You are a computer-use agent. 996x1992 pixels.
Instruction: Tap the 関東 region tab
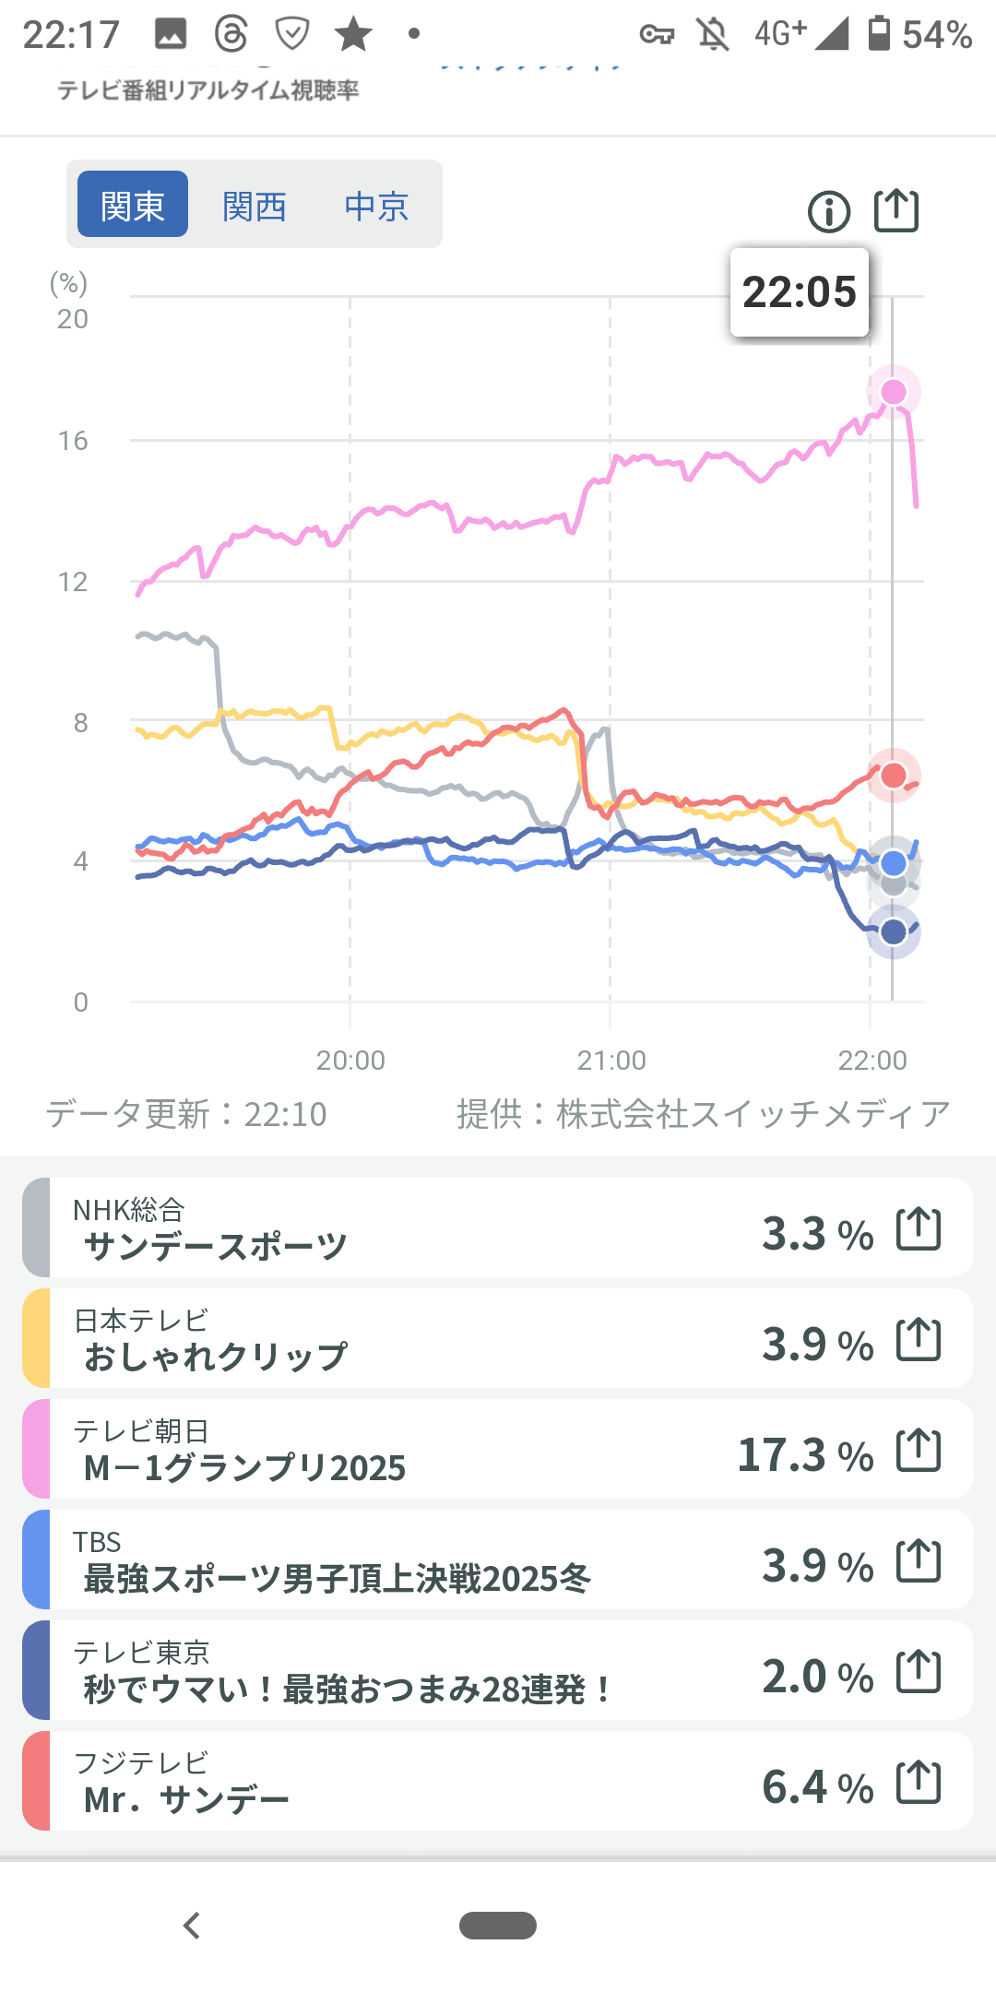133,205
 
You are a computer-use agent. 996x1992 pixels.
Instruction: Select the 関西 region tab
255,206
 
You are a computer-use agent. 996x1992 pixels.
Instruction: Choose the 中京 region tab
376,206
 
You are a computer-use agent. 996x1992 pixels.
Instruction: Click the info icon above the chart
829,212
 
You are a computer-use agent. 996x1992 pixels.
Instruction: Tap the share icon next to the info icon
896,210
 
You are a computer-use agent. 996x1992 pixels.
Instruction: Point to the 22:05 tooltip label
800,292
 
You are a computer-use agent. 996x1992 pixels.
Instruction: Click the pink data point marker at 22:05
894,392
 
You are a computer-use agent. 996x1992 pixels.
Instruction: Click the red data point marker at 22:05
894,775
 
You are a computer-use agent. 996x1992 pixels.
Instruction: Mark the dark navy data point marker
894,931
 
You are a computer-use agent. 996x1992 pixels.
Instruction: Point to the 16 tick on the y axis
73,441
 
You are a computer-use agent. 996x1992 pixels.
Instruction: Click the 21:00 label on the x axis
611,1061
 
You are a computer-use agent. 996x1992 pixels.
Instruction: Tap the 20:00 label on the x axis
350,1061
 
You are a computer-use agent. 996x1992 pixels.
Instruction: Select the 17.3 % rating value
805,1455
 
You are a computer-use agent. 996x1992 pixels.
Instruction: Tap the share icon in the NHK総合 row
919,1228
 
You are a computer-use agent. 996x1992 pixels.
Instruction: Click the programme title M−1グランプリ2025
244,1468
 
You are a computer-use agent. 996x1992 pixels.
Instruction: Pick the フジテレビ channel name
141,1763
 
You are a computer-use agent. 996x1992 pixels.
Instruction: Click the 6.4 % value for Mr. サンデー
817,1787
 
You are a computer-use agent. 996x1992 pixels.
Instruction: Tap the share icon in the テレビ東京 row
919,1671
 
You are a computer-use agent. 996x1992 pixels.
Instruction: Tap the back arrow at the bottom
192,1926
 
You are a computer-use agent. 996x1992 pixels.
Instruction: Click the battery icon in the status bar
880,33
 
